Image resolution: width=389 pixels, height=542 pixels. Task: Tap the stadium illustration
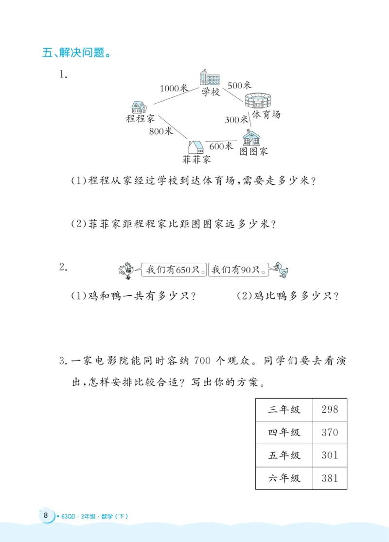pyautogui.click(x=257, y=101)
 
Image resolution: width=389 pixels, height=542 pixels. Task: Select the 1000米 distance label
pyautogui.click(x=174, y=88)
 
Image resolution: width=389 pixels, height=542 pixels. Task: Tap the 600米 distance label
pyautogui.click(x=221, y=145)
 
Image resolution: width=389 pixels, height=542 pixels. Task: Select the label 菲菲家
pyautogui.click(x=196, y=159)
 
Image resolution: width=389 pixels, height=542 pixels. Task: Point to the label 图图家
pyautogui.click(x=253, y=151)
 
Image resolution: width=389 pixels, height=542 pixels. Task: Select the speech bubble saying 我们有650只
pyautogui.click(x=174, y=269)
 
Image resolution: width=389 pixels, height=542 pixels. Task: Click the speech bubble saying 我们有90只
pyautogui.click(x=238, y=269)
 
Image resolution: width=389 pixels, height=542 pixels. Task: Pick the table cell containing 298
pyautogui.click(x=330, y=409)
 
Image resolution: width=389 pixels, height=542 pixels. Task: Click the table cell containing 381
pyautogui.click(x=330, y=478)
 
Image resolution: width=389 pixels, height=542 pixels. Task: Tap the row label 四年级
pyautogui.click(x=284, y=432)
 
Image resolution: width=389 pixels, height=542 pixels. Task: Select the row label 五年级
pyautogui.click(x=284, y=455)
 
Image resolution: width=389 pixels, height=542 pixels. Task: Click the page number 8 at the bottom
pyautogui.click(x=45, y=516)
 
